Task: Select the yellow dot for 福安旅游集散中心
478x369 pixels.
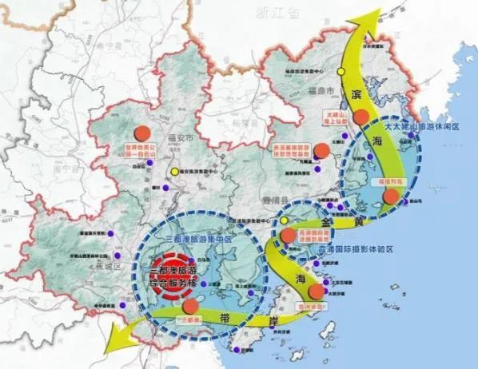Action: [176, 170]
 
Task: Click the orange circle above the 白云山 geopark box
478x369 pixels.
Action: [142, 133]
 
